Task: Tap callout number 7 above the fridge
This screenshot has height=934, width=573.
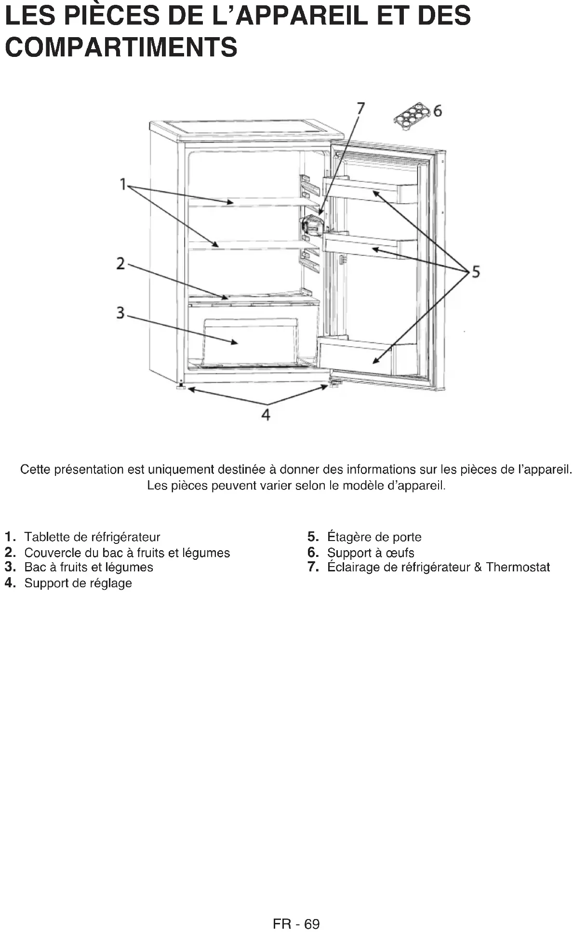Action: [x=360, y=108]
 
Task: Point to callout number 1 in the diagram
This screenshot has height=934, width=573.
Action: [x=123, y=184]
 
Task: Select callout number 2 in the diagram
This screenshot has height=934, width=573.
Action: [x=120, y=264]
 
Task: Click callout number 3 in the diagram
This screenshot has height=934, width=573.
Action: [x=120, y=313]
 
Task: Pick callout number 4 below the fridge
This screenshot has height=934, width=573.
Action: [x=266, y=414]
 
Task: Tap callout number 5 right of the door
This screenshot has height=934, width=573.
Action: [x=476, y=272]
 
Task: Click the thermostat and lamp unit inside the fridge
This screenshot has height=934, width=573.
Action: [x=311, y=226]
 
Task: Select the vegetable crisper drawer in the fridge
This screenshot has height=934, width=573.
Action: [x=251, y=341]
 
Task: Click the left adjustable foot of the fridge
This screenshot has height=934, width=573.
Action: [x=182, y=386]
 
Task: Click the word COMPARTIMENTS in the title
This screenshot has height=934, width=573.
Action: [x=120, y=47]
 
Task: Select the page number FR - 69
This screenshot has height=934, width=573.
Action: [x=296, y=923]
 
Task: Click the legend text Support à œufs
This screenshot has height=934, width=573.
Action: [x=370, y=553]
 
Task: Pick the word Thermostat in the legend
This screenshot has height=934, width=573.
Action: [x=518, y=567]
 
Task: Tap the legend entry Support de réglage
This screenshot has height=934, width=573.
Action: [x=78, y=583]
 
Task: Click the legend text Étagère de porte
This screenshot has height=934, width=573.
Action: [x=374, y=537]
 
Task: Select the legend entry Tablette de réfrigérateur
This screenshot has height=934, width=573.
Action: [x=92, y=537]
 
